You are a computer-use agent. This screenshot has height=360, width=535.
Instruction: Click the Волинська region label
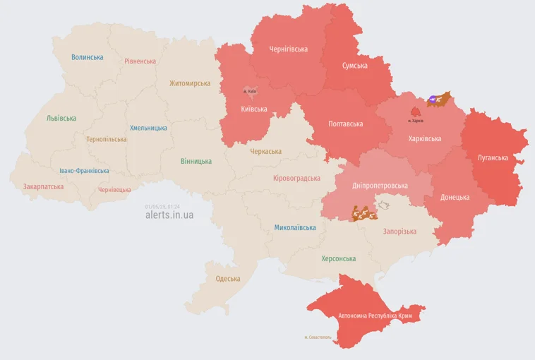(x=88, y=57)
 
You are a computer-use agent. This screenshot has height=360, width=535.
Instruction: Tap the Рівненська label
(x=140, y=61)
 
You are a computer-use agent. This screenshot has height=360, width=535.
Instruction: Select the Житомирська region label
(x=189, y=83)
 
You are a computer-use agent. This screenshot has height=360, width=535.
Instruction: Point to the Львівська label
(x=61, y=119)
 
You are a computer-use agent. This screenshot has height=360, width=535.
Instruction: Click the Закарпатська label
(x=43, y=187)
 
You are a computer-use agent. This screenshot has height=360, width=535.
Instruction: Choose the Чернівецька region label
(x=114, y=190)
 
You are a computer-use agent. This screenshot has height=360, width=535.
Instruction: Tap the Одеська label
(x=228, y=279)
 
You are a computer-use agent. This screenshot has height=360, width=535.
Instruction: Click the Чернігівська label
(x=289, y=49)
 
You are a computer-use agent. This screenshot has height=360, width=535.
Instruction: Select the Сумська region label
(x=355, y=66)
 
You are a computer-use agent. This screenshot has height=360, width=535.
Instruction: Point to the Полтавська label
(x=346, y=124)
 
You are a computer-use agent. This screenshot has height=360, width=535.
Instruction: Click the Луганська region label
(x=493, y=157)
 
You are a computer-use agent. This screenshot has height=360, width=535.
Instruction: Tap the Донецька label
(x=455, y=198)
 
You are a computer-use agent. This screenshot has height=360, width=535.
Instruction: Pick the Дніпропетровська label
(x=380, y=186)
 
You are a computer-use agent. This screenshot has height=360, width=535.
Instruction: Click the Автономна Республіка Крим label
(x=375, y=316)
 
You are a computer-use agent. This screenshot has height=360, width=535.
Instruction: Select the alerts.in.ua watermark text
(x=169, y=215)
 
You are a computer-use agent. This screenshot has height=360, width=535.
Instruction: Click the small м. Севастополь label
(x=318, y=337)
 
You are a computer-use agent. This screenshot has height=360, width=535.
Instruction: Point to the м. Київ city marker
(x=250, y=90)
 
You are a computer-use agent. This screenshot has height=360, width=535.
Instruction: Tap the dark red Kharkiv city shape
(x=416, y=112)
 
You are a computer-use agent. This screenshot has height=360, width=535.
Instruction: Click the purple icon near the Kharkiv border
(x=432, y=100)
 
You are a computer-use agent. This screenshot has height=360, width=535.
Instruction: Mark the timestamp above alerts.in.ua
(x=162, y=206)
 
